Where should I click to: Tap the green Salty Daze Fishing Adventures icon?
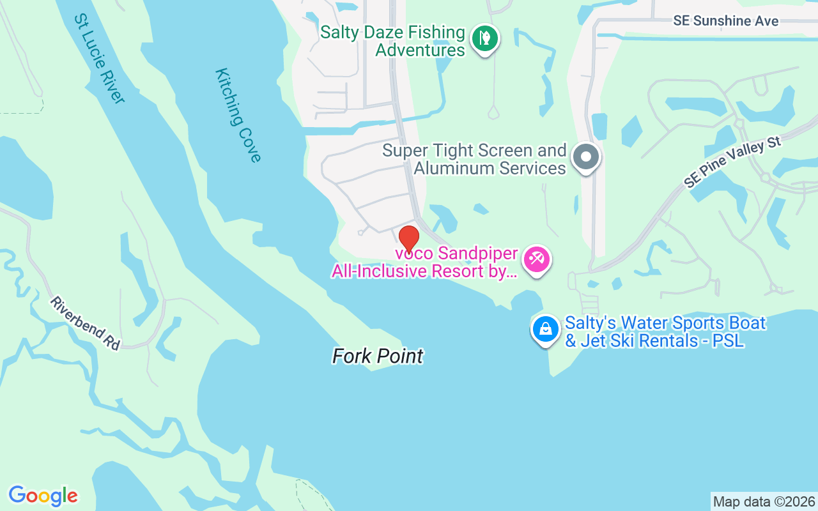pos(485,38)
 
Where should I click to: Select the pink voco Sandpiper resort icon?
pos(536,260)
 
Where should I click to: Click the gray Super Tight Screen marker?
pos(585,156)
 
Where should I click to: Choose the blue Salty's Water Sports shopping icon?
pos(545,329)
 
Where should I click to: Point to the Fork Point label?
pos(378,356)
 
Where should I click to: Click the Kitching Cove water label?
pos(238,115)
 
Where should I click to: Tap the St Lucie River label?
pos(99,58)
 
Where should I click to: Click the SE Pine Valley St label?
pos(733,162)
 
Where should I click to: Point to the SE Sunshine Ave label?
pos(725,21)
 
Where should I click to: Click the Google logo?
pos(43,496)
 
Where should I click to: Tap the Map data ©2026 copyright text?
pos(764,501)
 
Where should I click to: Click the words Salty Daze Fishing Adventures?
pos(392,41)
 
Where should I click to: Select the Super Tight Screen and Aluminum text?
pos(474,159)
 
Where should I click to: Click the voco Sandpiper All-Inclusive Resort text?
pos(424,263)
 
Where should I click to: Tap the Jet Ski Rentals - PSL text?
pos(654,340)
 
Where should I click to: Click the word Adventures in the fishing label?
pos(420,50)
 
